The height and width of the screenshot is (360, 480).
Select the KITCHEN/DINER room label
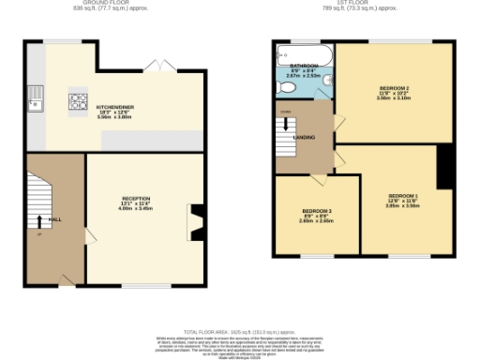pos(115,107)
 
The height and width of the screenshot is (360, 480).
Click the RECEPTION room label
pos(135,199)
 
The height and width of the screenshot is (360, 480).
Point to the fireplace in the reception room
pos(194,223)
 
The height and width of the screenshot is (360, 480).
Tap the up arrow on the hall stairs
pos(39,222)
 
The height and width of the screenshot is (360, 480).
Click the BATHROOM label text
pos(304,66)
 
